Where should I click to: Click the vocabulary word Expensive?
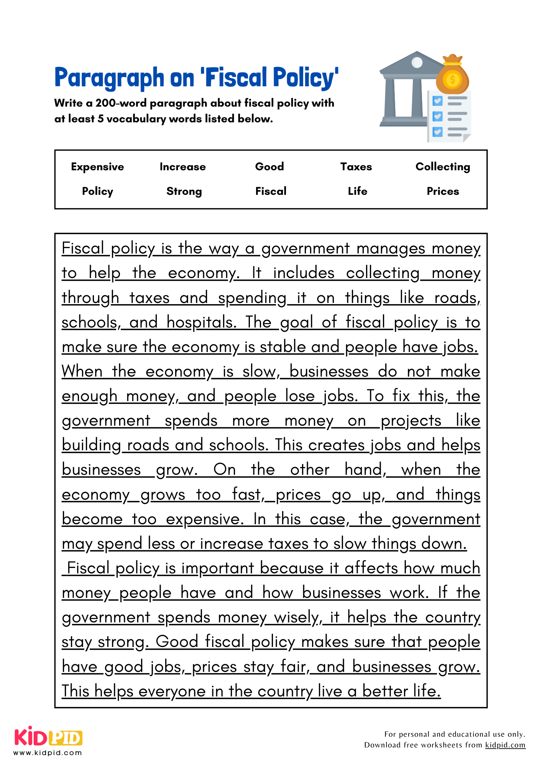pos(97,167)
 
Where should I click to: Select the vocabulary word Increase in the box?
pos(182,167)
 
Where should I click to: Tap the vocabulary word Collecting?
pos(443,167)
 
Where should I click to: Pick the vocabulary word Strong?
pos(184,191)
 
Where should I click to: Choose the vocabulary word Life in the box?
pos(357,191)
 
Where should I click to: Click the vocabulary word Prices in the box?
pos(443,191)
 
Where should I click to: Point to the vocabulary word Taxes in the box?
pos(356,167)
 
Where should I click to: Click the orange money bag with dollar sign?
pos(452,77)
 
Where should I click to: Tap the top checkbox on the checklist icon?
pos(437,101)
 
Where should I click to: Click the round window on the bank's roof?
pos(417,62)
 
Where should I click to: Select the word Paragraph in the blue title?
pos(109,78)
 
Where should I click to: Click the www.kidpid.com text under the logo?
pos(48,752)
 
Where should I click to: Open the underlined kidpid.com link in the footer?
pos(505,745)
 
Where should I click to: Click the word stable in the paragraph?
pos(283,347)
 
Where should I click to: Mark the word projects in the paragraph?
pos(411,421)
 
